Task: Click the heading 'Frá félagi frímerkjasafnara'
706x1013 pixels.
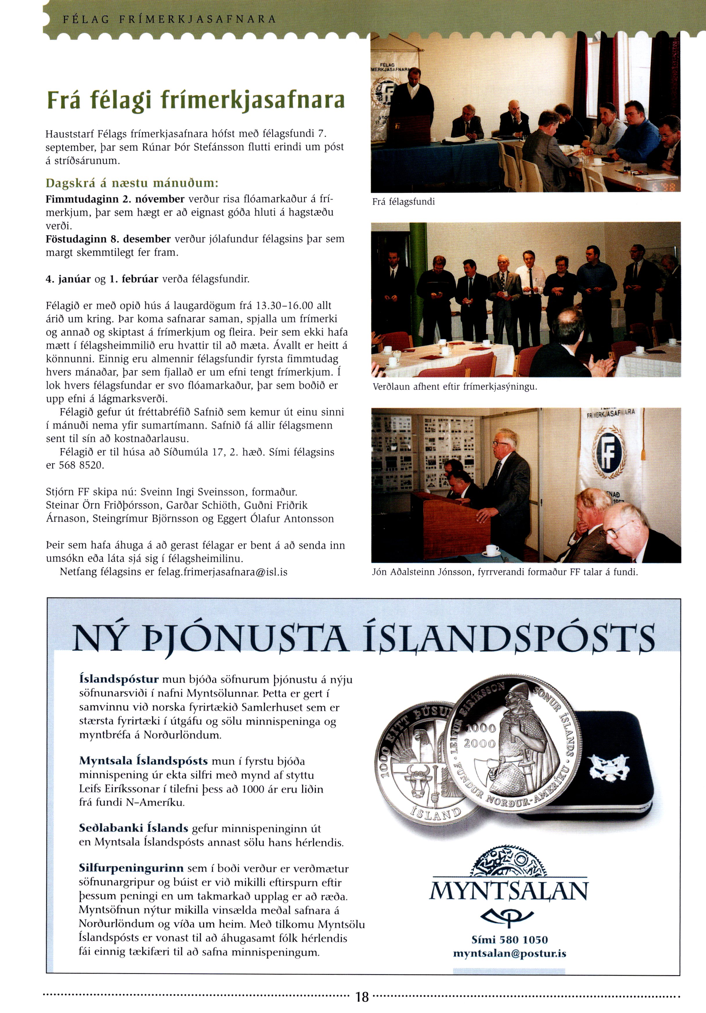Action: click(196, 100)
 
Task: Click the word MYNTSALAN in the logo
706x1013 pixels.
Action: click(509, 892)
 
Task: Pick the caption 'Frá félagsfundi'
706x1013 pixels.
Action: click(403, 202)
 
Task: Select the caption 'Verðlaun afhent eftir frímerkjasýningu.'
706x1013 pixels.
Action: click(454, 387)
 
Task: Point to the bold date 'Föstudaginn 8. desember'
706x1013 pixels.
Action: click(108, 239)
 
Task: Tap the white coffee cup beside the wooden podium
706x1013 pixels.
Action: click(492, 550)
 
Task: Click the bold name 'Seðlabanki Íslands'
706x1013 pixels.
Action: click(133, 828)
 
